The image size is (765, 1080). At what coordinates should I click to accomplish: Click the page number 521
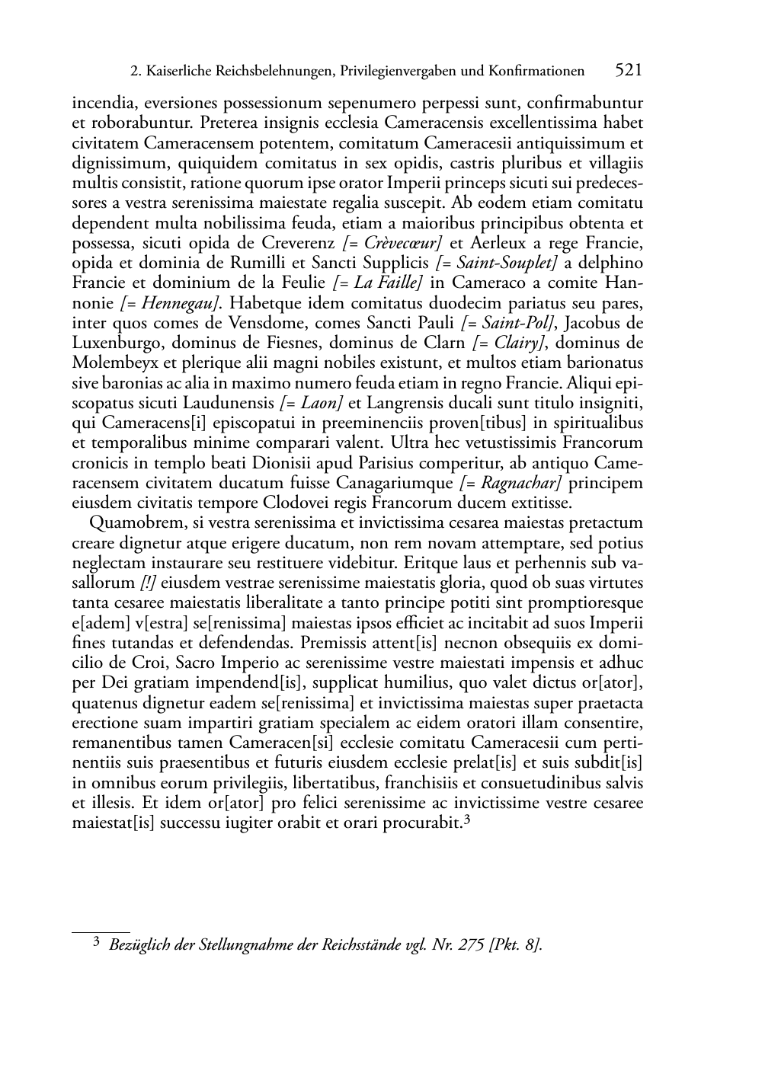[x=628, y=71]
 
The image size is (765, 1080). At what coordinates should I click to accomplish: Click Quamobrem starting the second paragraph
[x=131, y=523]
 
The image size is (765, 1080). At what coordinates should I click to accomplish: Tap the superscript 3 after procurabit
[x=467, y=820]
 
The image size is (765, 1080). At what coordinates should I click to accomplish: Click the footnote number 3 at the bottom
[x=96, y=944]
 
